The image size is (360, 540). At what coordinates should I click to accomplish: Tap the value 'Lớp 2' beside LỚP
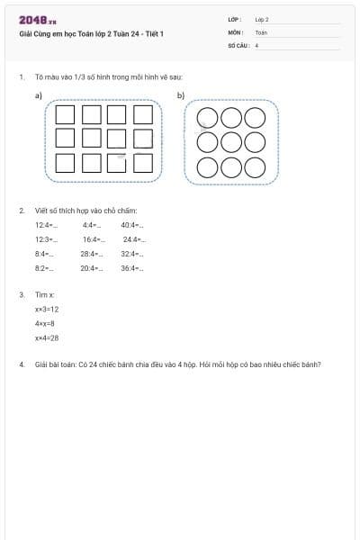click(262, 19)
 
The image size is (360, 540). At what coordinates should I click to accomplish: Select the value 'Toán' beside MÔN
click(261, 31)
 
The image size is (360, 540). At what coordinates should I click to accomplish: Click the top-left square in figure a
click(65, 114)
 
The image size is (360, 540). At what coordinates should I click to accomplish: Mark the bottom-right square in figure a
click(143, 163)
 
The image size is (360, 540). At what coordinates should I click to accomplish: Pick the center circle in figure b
click(230, 142)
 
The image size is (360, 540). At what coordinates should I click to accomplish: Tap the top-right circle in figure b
click(255, 117)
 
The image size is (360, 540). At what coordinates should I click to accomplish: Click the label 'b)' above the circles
click(181, 95)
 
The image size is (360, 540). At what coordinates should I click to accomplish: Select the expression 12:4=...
click(46, 225)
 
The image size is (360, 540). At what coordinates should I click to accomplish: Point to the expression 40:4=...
click(131, 225)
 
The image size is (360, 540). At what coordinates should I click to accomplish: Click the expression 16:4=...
click(94, 239)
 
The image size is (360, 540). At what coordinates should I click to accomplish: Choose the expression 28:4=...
click(92, 254)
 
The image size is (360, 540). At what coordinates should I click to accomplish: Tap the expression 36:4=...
click(132, 268)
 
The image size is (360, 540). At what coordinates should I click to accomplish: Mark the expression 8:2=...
click(44, 268)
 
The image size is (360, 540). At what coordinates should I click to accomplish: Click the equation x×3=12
click(47, 309)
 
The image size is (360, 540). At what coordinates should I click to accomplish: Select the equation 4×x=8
click(45, 323)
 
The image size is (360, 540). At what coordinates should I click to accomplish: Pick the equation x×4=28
click(47, 337)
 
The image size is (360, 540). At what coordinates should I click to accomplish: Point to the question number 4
click(21, 364)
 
